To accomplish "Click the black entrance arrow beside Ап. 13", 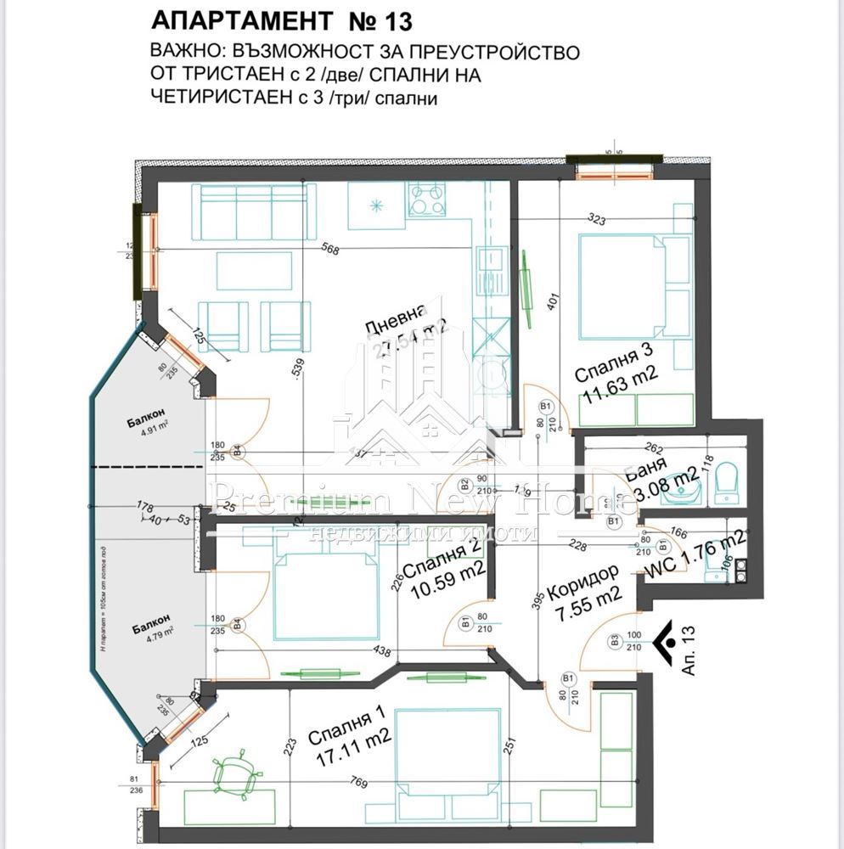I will tap(665, 635).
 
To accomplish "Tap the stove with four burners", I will tap(427, 200).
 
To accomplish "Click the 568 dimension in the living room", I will tap(331, 250).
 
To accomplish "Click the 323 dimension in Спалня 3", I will tap(597, 220).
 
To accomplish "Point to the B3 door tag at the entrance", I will tap(614, 641).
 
